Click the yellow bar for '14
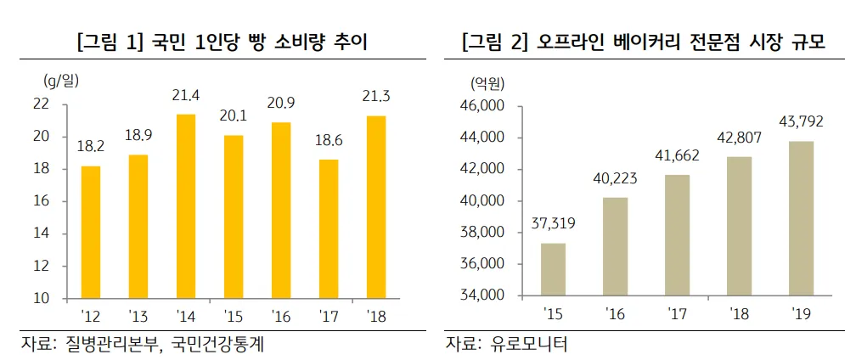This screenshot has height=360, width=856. [x=186, y=206]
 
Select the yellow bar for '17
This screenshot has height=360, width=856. [x=329, y=229]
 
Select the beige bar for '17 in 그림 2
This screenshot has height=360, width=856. [x=677, y=235]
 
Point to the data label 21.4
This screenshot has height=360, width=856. [x=185, y=94]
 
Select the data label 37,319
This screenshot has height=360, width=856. [x=553, y=224]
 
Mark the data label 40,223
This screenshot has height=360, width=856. [x=615, y=178]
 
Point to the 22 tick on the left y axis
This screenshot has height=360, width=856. [x=64, y=104]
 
